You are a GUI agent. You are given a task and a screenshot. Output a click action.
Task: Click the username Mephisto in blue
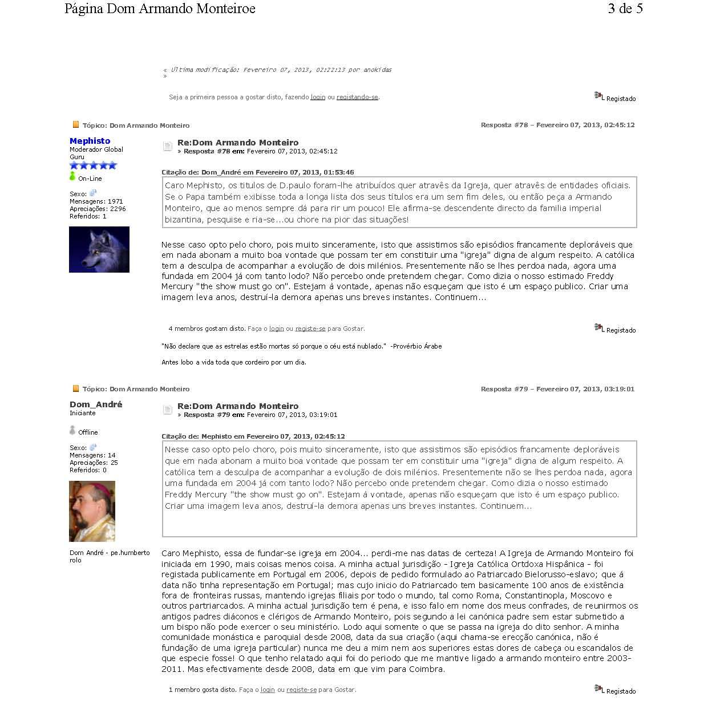(90, 141)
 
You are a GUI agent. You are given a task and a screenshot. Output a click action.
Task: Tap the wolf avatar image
(99, 249)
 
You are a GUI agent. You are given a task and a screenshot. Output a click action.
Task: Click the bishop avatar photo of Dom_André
(92, 511)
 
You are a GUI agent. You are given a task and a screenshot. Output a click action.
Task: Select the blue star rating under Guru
(93, 165)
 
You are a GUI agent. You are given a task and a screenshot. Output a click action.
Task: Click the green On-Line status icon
(72, 177)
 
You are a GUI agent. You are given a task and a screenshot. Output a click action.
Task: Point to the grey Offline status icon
(72, 431)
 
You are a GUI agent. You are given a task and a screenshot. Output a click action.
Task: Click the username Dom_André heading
(96, 404)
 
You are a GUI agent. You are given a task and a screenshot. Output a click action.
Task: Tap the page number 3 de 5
(625, 9)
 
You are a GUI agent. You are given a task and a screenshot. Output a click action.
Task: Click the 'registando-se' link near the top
(357, 97)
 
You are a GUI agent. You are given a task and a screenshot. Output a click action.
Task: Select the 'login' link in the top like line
(318, 97)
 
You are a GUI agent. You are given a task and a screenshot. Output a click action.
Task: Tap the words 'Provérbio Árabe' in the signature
(418, 346)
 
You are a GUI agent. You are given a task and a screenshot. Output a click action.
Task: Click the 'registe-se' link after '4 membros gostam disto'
(310, 329)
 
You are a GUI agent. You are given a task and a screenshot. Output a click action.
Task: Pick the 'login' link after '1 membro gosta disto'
(268, 690)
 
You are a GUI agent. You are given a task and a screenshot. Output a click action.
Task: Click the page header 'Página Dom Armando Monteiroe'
(160, 9)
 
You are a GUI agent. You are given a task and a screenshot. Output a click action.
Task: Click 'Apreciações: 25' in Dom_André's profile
(94, 463)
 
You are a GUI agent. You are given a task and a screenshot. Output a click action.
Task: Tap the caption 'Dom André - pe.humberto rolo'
(110, 556)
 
